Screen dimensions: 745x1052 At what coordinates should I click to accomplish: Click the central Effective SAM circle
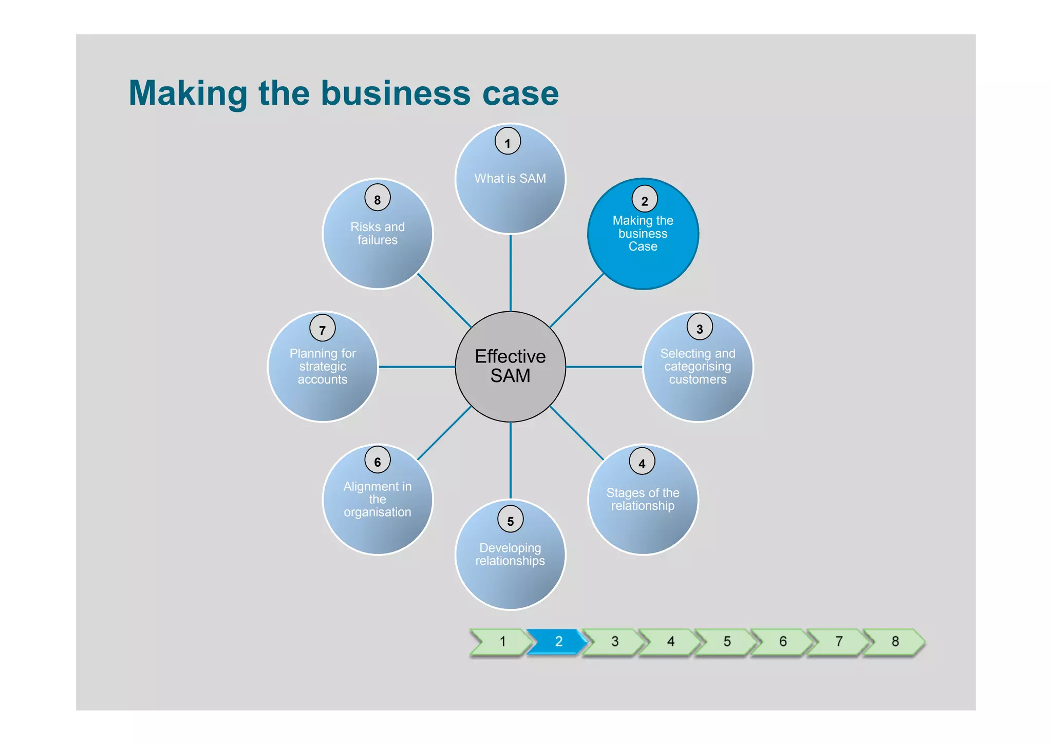(x=510, y=367)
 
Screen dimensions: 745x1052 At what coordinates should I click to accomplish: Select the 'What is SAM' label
(x=510, y=179)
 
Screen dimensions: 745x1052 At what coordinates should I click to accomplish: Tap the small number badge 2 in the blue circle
(x=644, y=199)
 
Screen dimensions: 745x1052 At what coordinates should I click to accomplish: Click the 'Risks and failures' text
(x=378, y=234)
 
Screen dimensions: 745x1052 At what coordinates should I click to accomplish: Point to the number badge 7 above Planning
(x=323, y=328)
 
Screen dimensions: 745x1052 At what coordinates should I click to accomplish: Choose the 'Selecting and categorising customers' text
(x=698, y=367)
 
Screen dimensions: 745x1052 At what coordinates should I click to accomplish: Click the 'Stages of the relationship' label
(x=643, y=499)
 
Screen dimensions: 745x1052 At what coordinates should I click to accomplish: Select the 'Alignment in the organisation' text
(x=378, y=499)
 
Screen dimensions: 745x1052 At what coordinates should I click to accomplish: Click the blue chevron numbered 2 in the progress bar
(x=558, y=642)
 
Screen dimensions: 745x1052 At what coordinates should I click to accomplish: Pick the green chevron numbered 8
(x=894, y=642)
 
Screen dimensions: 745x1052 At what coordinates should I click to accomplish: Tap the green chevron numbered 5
(x=726, y=642)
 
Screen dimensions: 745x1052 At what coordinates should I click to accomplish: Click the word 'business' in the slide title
(x=396, y=93)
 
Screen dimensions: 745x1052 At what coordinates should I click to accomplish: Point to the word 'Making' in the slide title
(x=188, y=93)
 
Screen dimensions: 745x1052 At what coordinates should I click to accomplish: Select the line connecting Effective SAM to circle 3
(x=604, y=367)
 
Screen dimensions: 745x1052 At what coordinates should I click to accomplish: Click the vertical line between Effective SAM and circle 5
(x=510, y=460)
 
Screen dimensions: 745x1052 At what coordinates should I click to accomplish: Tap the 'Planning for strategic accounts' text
(x=323, y=367)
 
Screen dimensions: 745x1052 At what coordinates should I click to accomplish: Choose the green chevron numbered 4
(x=670, y=642)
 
